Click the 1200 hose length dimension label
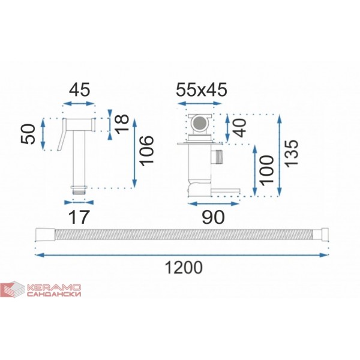184,268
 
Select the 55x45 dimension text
202,89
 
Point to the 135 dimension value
291,152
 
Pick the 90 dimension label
213,217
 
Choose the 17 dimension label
79,217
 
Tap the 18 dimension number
122,124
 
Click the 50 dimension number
28,134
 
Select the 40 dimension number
239,128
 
